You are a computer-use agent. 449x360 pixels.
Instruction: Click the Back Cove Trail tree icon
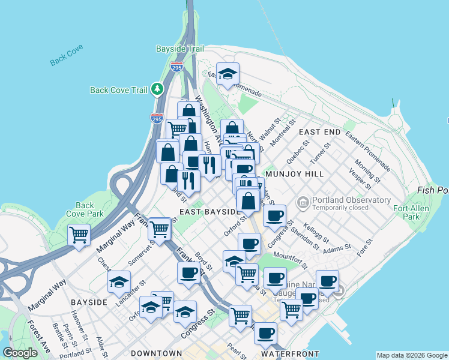158,89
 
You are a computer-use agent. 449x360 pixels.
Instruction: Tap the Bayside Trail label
180,49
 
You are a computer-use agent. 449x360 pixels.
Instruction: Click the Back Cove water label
67,56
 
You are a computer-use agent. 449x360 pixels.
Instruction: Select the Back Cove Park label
85,209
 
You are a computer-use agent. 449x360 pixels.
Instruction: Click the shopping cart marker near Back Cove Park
79,235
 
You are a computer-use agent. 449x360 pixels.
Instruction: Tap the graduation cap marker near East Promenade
228,73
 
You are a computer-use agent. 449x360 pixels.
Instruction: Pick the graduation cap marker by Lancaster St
119,281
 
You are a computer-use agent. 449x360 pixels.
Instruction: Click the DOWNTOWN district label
156,353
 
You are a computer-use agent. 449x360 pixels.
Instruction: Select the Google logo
20,352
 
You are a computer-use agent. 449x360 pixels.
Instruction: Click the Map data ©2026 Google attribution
412,355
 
